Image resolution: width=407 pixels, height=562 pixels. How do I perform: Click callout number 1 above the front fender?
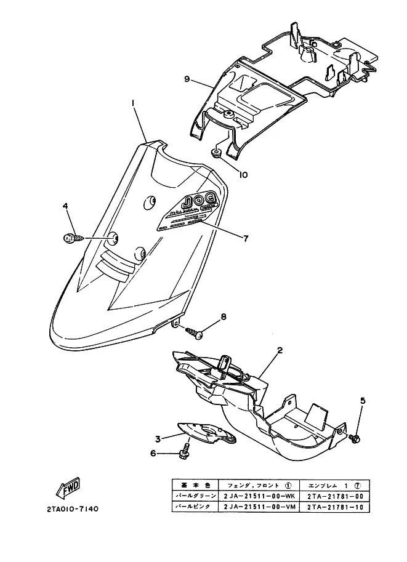(133, 103)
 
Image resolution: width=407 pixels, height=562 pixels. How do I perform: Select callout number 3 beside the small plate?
(158, 439)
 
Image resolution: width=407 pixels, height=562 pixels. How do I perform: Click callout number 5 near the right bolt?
(363, 401)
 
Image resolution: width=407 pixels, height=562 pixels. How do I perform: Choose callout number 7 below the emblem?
(246, 238)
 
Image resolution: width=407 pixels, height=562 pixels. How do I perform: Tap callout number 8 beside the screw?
(223, 317)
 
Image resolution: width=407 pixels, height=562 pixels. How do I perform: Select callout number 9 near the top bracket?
(186, 79)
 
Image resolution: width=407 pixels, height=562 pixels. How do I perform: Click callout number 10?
(243, 174)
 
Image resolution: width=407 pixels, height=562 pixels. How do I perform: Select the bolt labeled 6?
(183, 454)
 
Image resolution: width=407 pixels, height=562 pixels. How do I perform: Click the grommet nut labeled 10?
(216, 152)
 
